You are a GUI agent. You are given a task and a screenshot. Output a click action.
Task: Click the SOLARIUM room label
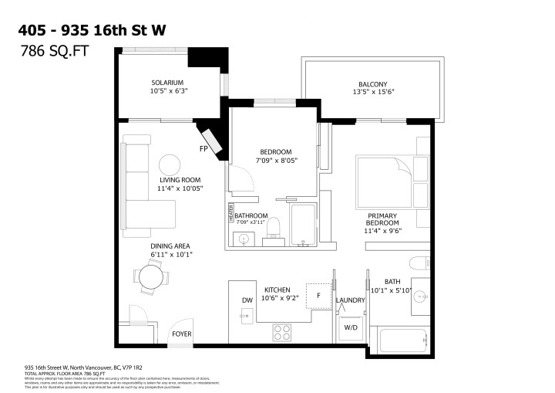[x=167, y=82]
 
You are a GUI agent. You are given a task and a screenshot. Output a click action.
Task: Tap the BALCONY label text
[x=372, y=84]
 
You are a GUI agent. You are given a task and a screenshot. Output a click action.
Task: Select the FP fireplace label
[x=204, y=148]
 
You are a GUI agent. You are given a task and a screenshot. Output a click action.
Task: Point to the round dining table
[x=150, y=276]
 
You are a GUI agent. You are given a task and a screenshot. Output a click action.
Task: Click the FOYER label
[x=182, y=334]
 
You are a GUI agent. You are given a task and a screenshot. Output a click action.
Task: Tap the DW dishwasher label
[x=247, y=300]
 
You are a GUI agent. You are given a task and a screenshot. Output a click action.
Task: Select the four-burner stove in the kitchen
[x=282, y=332]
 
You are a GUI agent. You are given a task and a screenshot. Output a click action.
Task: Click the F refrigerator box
[x=316, y=294]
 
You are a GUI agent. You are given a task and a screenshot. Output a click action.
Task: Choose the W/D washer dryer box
[x=349, y=328]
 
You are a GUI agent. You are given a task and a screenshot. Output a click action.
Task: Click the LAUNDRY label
[x=350, y=300]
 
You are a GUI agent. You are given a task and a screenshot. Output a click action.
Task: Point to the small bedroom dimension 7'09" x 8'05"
[x=275, y=161]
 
